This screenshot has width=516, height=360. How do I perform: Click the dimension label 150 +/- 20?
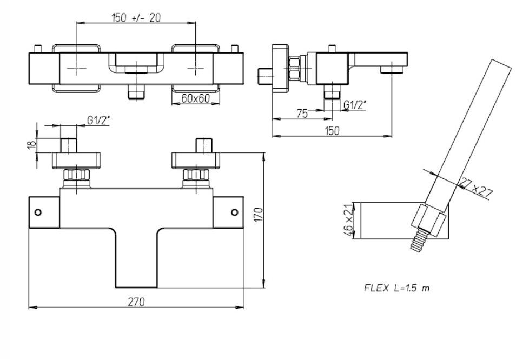click(136, 17)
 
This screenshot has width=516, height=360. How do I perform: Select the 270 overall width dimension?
click(136, 302)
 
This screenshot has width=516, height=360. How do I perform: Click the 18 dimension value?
click(34, 144)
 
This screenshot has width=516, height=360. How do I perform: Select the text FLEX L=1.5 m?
click(397, 288)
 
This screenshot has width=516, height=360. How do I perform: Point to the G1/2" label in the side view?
click(354, 104)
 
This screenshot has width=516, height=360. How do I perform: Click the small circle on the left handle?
click(37, 211)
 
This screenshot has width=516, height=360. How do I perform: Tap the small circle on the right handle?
click(234, 211)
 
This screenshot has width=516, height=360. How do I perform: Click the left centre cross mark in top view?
click(77, 68)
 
